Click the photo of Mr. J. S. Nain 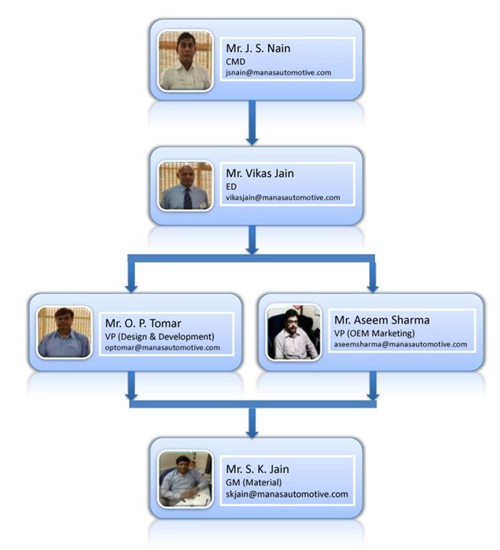[x=185, y=60]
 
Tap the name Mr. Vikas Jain [x=262, y=173]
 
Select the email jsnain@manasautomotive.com [x=278, y=71]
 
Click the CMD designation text [x=233, y=60]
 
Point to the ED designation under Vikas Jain [x=231, y=186]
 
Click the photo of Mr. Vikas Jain [x=185, y=186]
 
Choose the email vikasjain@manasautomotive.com [x=282, y=197]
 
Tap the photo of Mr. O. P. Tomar [x=64, y=331]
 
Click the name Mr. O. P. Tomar [x=143, y=322]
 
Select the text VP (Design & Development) [x=160, y=336]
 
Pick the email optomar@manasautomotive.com [x=162, y=347]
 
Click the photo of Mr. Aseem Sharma [x=293, y=331]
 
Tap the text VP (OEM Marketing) [x=374, y=333]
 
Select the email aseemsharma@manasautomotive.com [x=400, y=344]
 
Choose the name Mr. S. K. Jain [x=257, y=469]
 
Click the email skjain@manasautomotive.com [x=286, y=493]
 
